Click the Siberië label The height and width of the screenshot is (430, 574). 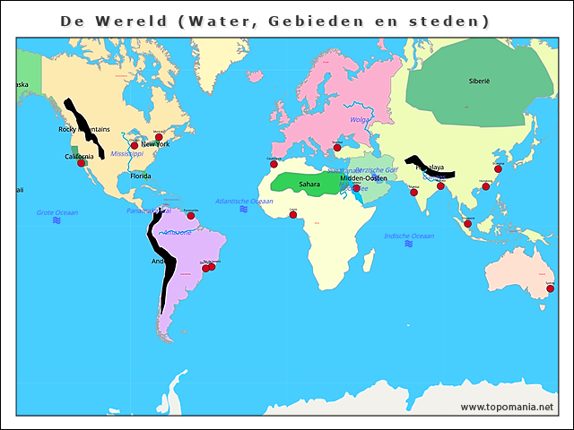[x=479, y=81]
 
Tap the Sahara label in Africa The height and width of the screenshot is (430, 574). [x=309, y=185]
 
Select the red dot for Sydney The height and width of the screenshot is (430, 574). [x=550, y=288]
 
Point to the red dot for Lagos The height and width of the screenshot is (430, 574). [x=292, y=215]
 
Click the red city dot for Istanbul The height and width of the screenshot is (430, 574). [x=337, y=147]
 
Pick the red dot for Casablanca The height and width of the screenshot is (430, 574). [x=274, y=164]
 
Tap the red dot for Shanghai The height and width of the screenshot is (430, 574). [x=498, y=168]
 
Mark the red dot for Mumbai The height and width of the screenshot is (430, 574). [x=413, y=193]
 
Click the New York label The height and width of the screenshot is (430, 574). [x=155, y=144]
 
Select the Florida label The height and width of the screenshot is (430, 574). [x=141, y=176]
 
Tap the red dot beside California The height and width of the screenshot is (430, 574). [x=82, y=163]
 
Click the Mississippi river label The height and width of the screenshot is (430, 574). [x=127, y=154]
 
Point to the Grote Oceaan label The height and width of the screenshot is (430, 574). [x=57, y=212]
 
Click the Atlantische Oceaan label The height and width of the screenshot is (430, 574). [x=244, y=202]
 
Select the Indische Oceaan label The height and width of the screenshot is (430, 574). [x=409, y=236]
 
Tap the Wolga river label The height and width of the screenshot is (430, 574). [x=360, y=119]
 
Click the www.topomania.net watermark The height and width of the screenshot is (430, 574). [x=507, y=407]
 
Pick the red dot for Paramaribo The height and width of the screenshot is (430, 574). [x=191, y=216]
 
